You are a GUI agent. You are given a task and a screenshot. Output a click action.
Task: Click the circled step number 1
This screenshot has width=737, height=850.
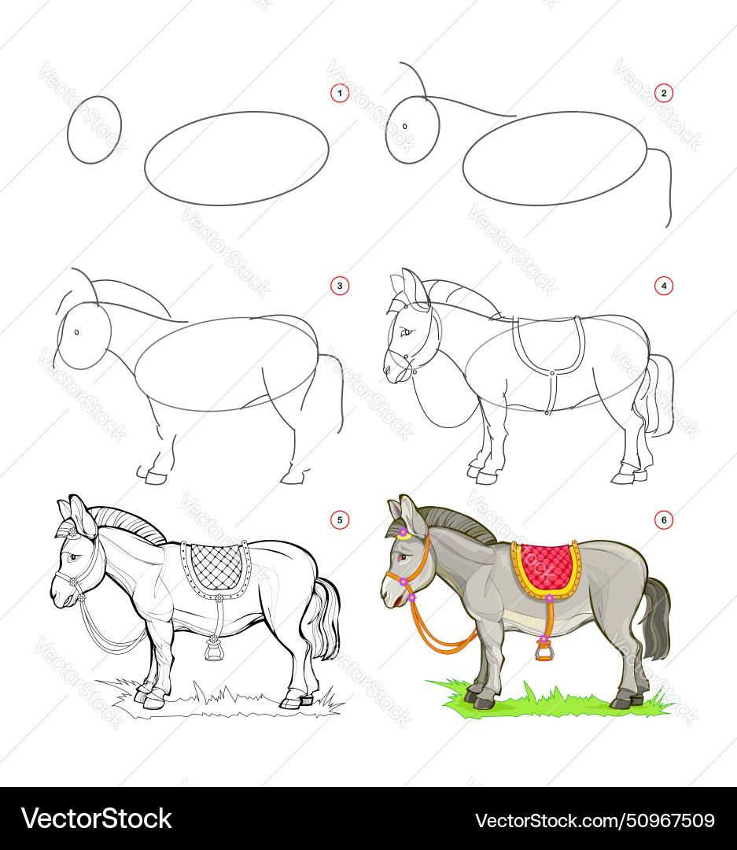point(339,94)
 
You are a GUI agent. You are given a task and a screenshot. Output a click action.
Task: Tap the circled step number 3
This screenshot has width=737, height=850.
point(339,286)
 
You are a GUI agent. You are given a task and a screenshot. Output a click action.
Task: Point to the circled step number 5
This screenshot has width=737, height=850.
point(339,519)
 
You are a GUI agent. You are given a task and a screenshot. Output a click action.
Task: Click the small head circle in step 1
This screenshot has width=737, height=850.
point(94,130)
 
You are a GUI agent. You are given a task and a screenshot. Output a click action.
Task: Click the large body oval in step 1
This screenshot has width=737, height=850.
point(237,158)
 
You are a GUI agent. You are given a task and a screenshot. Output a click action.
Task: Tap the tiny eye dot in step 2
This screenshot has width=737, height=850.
point(405,126)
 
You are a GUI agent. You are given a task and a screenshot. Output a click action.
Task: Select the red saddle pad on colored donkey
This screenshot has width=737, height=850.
point(545,565)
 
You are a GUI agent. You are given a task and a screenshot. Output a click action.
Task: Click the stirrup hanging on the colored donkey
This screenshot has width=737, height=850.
point(543,650)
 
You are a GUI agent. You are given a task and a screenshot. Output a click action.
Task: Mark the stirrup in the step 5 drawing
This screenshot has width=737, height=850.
point(212,649)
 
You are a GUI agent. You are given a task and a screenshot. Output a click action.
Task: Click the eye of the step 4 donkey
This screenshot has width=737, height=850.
point(407,333)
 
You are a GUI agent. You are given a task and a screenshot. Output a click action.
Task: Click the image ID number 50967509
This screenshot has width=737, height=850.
point(595,819)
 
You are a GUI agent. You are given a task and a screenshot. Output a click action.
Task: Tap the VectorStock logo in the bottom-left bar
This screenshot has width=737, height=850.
point(96,819)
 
